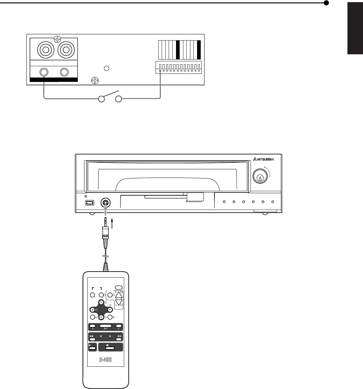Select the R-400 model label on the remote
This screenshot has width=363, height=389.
coord(106,360)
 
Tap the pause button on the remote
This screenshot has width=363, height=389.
coord(93,348)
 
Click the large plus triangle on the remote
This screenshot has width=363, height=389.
coord(119,294)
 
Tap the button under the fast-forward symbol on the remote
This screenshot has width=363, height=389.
coord(119,339)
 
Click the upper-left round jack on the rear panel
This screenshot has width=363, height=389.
coord(45,49)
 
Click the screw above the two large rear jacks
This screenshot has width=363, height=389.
coord(57,39)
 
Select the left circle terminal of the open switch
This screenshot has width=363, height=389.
coord(102,99)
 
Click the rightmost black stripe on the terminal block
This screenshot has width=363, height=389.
coord(199,50)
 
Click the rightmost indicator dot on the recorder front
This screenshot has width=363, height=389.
coord(273,202)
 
